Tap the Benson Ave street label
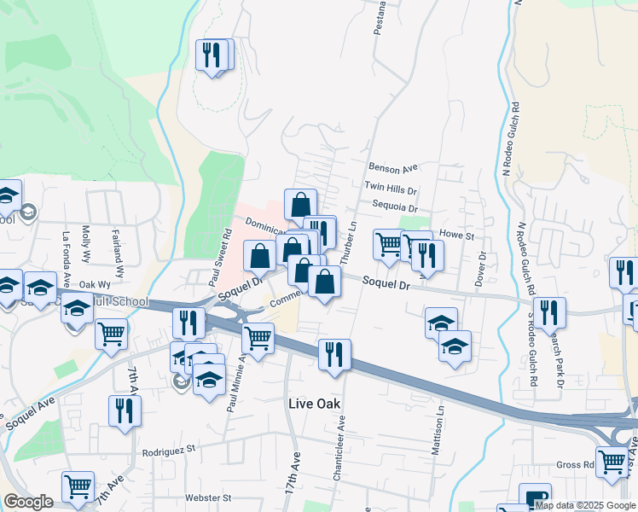pyautogui.click(x=392, y=167)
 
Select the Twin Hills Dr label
pyautogui.click(x=390, y=187)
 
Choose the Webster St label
pyautogui.click(x=208, y=497)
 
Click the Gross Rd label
pyautogui.click(x=577, y=465)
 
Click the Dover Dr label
pyautogui.click(x=482, y=267)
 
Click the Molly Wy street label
pyautogui.click(x=85, y=246)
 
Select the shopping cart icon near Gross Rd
pyautogui.click(x=612, y=462)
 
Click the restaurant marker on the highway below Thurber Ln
pyautogui.click(x=333, y=353)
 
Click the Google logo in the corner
pyautogui.click(x=28, y=502)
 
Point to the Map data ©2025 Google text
pyautogui.click(x=585, y=505)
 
